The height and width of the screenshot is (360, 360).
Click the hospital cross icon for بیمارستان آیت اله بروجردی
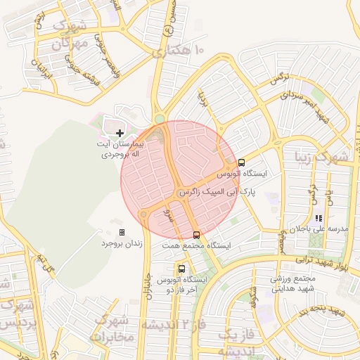click(x=120, y=132)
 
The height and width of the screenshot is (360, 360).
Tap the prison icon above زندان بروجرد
click(x=122, y=232)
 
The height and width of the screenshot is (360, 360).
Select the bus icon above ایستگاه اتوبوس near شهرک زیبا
click(x=242, y=162)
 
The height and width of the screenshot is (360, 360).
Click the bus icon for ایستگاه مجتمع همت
click(x=196, y=235)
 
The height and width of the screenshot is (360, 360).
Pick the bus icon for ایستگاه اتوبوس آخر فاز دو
click(x=182, y=269)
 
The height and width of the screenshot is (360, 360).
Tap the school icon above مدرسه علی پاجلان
click(x=318, y=219)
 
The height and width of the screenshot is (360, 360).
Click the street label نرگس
click(x=280, y=78)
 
